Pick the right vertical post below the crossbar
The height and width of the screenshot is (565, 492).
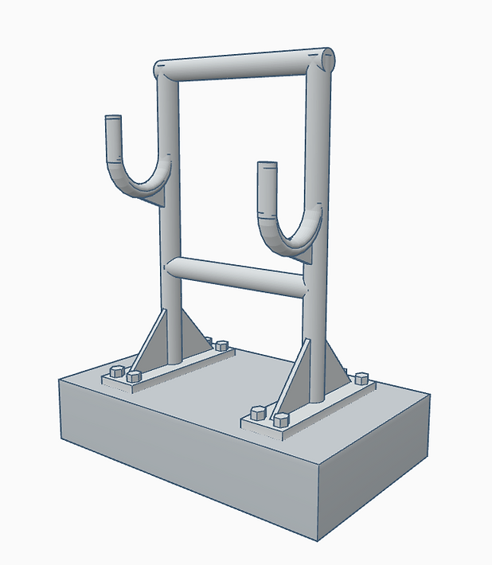[x=314, y=350]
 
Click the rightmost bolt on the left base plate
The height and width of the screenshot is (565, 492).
[x=221, y=346]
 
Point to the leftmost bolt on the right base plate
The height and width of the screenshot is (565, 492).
[x=257, y=413]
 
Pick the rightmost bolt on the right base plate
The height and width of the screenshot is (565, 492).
[x=362, y=377]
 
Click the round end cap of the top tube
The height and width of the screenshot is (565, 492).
[x=327, y=60]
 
